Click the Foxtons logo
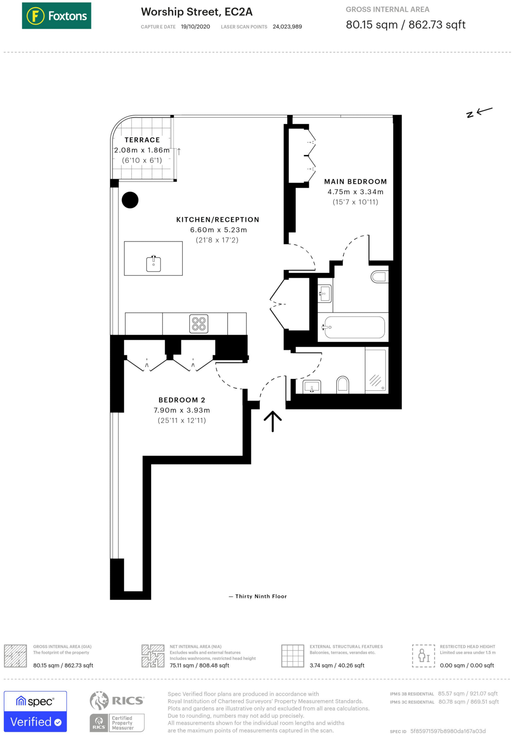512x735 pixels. pos(56,16)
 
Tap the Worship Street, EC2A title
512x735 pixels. pos(197,12)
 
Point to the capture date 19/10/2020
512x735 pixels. pos(195,27)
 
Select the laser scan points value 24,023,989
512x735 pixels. pos(287,27)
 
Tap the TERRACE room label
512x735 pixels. pos(142,140)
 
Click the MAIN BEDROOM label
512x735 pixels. pos(355,182)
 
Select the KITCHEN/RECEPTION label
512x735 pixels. pos(218,220)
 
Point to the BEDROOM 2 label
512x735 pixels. pos(182,400)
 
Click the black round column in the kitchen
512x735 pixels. pos(130,200)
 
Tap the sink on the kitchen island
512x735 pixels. pos(154,264)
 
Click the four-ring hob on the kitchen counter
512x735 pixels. pos(199,324)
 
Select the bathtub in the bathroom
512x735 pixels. pos(354,327)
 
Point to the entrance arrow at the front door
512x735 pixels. pos(273,421)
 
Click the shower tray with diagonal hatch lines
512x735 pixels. pos(376,370)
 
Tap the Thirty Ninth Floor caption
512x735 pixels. pos(261,596)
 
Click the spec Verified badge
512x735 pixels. pos(35,711)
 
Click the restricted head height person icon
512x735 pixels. pos(423,656)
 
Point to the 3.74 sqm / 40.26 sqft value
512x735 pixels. pos(337,665)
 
